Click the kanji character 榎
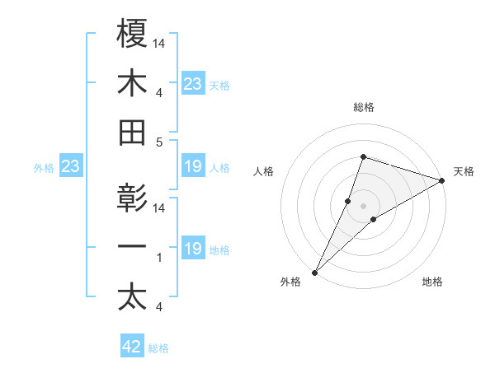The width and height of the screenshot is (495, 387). (x=133, y=34)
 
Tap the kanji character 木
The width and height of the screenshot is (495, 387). (x=133, y=83)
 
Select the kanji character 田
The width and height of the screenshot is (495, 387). (x=133, y=133)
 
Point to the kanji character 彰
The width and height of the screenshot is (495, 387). (x=133, y=199)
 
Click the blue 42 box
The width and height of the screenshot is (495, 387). (x=132, y=347)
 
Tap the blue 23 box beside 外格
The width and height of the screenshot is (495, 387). (x=71, y=167)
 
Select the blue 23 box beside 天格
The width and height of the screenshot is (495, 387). (x=193, y=84)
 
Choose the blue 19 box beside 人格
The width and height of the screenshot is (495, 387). (x=193, y=167)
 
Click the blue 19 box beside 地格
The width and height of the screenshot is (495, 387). (x=193, y=249)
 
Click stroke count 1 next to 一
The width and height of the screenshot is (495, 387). (x=159, y=259)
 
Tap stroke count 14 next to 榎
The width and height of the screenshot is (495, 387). (x=159, y=43)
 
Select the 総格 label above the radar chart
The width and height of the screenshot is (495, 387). (x=363, y=107)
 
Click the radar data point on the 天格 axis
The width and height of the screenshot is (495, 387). (x=442, y=181)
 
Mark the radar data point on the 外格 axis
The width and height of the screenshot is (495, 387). (x=314, y=272)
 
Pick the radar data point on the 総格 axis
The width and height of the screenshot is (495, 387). (x=363, y=156)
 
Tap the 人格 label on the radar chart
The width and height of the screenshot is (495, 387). (x=263, y=172)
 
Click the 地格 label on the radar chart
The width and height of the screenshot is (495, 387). (x=432, y=282)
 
